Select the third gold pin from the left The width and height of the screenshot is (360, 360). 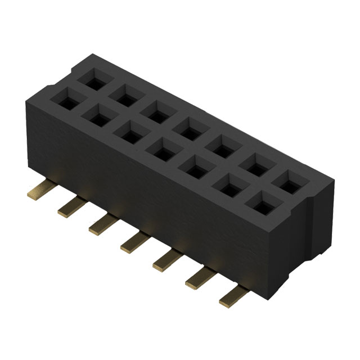point(100,225)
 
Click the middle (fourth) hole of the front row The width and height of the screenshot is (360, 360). point(161,151)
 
